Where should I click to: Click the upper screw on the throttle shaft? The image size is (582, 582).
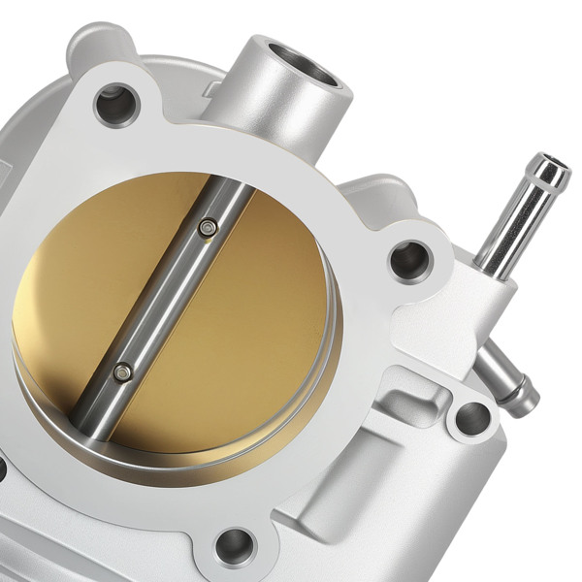coord(206,227)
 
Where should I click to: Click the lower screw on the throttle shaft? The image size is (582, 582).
coord(121,371)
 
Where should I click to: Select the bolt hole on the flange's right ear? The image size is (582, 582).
coord(408,259)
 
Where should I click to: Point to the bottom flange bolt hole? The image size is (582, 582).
coord(234,544)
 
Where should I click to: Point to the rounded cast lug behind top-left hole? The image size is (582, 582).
coord(92,44)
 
